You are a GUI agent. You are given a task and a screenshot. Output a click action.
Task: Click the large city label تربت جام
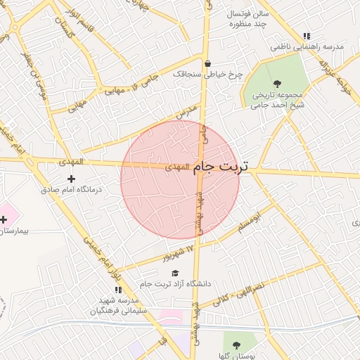(221, 167)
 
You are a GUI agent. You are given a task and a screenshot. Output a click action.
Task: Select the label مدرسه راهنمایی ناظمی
(309, 47)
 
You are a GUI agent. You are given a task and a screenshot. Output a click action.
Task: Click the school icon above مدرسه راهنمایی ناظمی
(307, 36)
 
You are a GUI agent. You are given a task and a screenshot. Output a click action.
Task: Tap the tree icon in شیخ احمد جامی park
(276, 84)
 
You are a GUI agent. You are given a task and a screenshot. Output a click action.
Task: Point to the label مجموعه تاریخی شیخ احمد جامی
(277, 100)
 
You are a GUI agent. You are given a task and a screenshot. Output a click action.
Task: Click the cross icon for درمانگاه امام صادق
(71, 179)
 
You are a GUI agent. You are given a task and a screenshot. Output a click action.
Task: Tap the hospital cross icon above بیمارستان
(4, 220)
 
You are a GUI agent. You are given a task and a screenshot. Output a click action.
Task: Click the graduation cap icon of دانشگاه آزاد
(175, 274)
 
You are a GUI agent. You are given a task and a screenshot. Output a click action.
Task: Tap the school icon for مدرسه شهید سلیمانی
(117, 289)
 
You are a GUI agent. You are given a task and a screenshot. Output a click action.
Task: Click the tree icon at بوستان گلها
(236, 345)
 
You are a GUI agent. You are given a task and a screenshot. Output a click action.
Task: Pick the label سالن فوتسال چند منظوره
(238, 19)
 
